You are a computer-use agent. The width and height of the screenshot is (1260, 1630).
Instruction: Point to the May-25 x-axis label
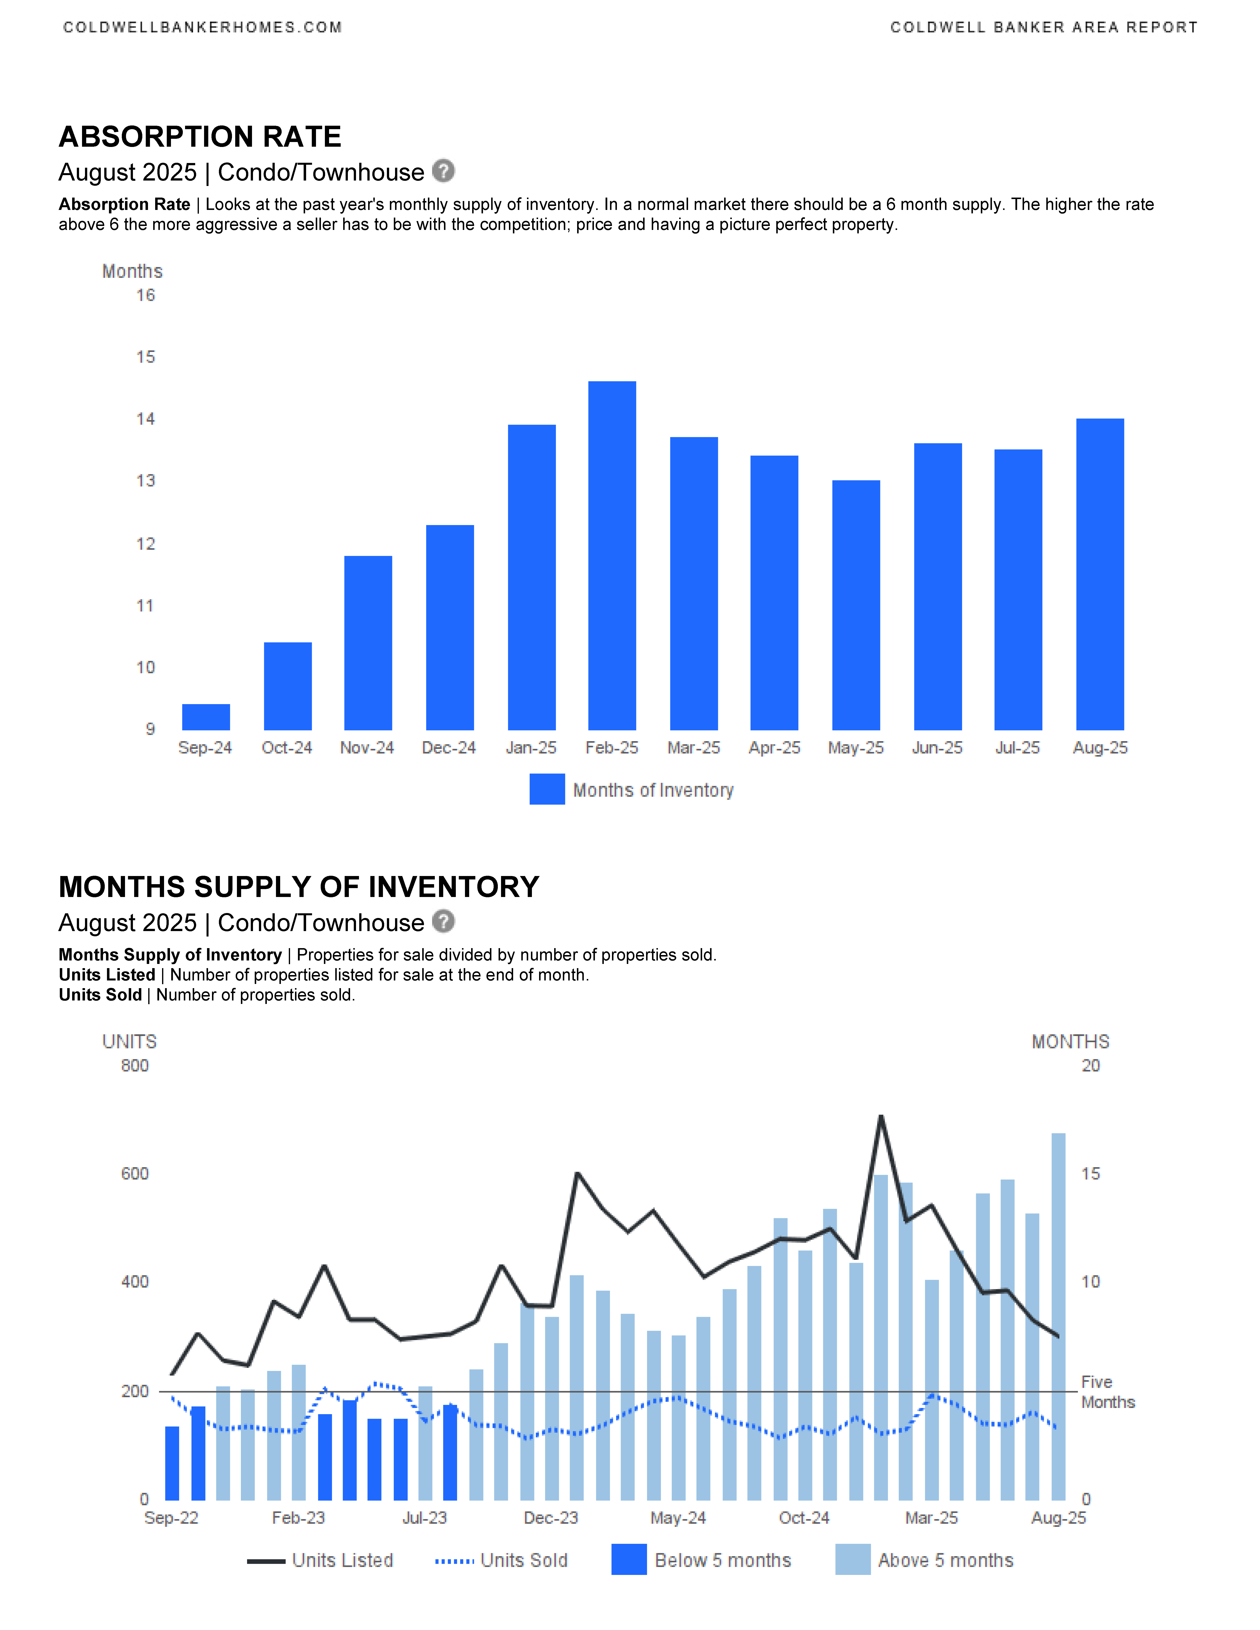click(x=855, y=748)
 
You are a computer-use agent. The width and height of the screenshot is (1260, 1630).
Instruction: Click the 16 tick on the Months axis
click(x=146, y=296)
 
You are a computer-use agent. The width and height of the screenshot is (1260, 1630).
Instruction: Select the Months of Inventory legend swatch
click(x=547, y=790)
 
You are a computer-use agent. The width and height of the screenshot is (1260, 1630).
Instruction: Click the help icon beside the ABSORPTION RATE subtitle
click(x=443, y=171)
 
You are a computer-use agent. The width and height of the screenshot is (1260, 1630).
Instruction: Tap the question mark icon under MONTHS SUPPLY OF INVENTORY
click(x=443, y=922)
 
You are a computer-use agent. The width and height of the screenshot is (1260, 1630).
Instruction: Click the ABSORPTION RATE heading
click(x=200, y=137)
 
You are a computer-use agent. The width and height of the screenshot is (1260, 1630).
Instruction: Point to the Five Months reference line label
click(x=1108, y=1392)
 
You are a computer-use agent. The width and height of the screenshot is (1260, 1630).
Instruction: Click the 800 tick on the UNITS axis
click(x=135, y=1066)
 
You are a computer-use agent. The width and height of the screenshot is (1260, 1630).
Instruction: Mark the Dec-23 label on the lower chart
click(x=551, y=1518)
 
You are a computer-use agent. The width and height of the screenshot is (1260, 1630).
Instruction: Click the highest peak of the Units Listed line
click(x=881, y=1116)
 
